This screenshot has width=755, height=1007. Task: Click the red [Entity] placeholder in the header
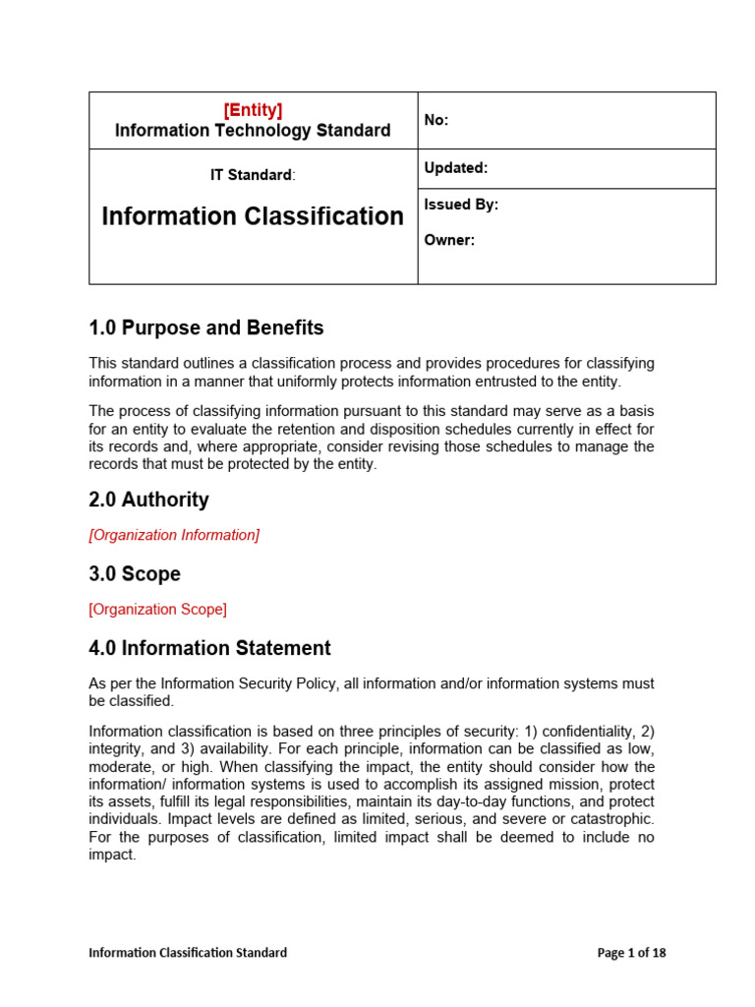(253, 110)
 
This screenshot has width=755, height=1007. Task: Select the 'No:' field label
(436, 120)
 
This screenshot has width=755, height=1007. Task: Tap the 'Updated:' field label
(455, 168)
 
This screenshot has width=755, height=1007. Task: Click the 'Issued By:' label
(461, 205)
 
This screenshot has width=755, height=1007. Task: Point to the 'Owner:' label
(449, 240)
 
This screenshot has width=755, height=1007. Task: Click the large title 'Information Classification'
(253, 216)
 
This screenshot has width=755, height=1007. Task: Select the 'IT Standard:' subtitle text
(253, 175)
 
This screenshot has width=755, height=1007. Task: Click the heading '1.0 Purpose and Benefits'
(205, 327)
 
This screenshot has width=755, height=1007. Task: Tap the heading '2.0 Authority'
(148, 500)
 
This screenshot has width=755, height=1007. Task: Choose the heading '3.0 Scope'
(135, 573)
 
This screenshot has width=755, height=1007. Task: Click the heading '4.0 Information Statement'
(209, 648)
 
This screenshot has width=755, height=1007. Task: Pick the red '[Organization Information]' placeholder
(174, 535)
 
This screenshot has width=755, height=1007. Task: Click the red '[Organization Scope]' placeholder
(157, 609)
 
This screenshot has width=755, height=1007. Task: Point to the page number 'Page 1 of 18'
(632, 952)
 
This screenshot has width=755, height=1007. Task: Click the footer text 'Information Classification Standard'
(188, 952)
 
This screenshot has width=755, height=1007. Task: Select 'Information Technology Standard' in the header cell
(253, 131)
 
